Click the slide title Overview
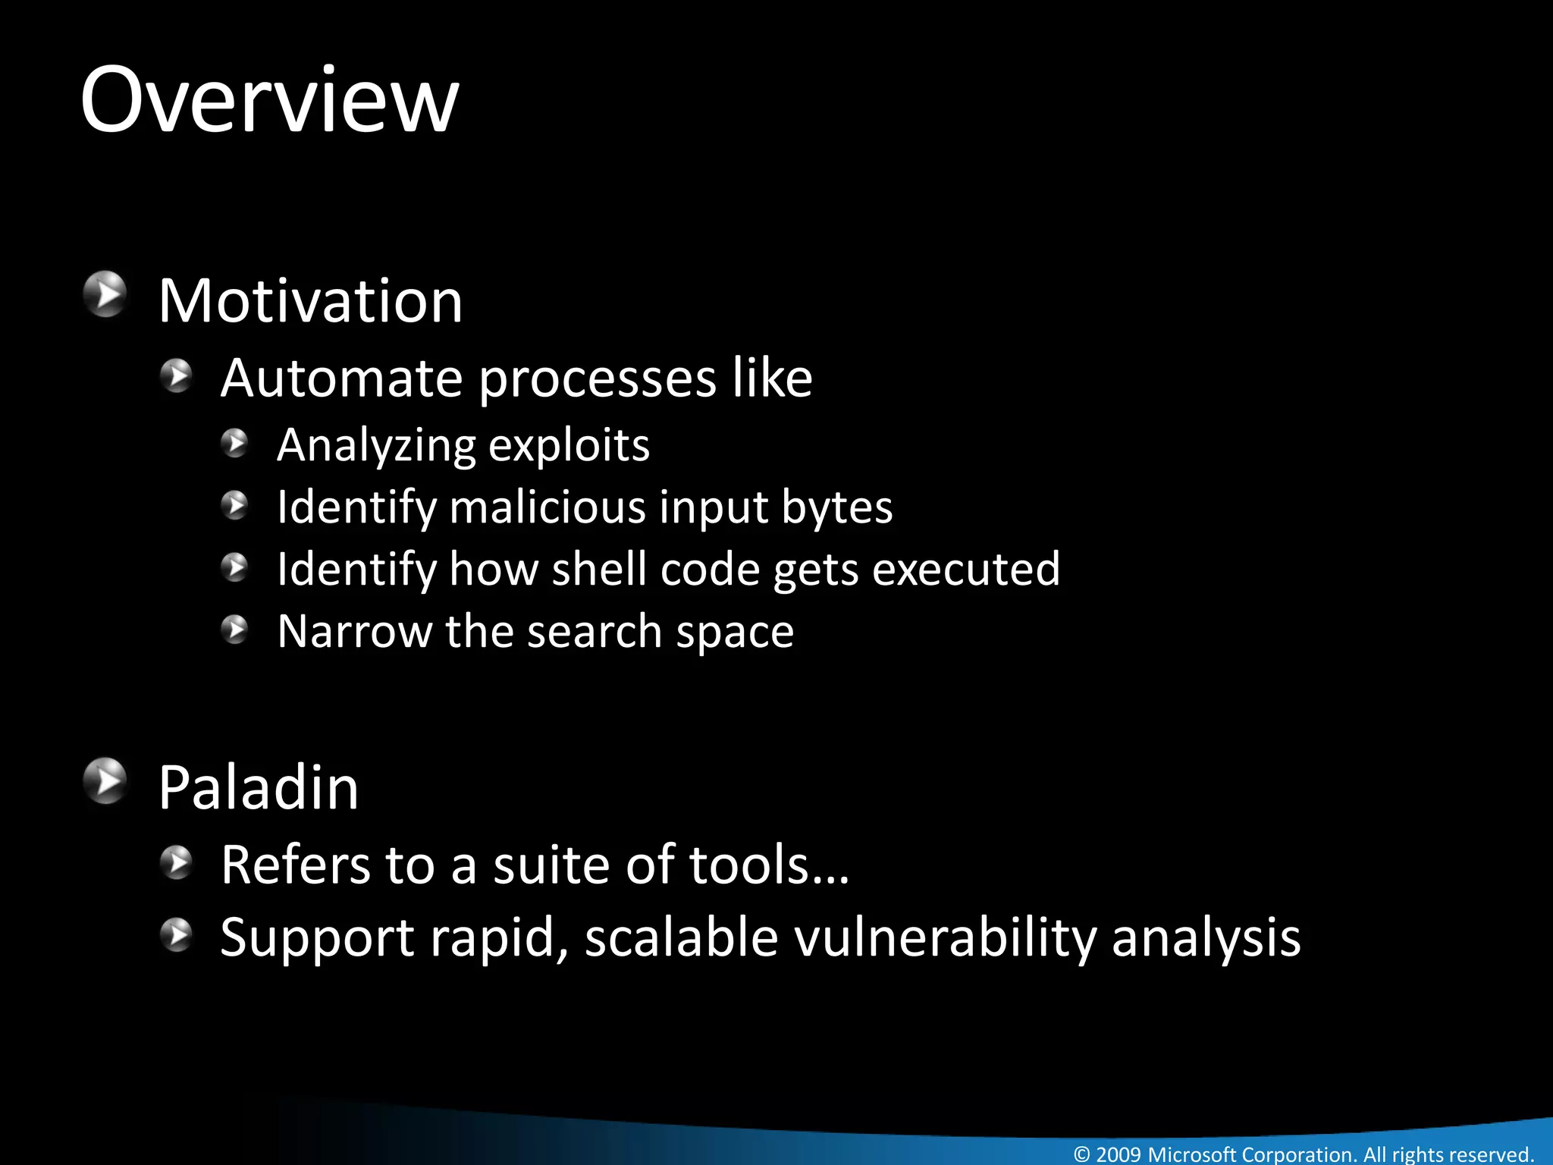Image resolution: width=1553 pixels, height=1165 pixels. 269,100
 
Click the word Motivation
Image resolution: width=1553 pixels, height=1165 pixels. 310,301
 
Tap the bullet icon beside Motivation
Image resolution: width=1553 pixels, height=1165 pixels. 105,294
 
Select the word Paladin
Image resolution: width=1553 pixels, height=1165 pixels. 258,788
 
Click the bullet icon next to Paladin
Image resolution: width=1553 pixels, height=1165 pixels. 105,780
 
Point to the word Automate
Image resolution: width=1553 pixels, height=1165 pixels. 341,378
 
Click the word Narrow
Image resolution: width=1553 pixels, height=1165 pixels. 355,631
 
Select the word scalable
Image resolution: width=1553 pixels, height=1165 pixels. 681,937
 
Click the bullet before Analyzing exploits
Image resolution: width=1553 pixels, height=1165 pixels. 235,443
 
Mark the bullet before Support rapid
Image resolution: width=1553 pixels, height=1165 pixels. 177,934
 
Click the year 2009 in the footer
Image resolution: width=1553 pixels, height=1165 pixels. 1118,1154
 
